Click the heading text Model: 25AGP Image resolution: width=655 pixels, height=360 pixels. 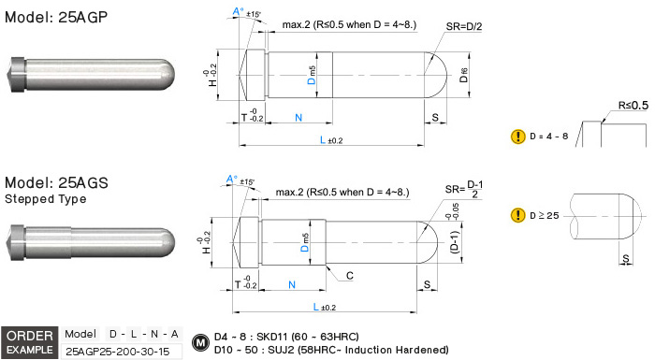point(56,17)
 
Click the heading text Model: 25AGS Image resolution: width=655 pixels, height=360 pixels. point(56,183)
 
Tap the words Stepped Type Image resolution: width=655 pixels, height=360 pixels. point(46,199)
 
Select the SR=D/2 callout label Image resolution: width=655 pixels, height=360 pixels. point(464,27)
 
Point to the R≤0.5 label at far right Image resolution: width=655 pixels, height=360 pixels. point(633,106)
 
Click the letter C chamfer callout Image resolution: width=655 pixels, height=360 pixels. point(350,276)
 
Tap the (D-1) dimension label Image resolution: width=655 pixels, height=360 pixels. point(455,242)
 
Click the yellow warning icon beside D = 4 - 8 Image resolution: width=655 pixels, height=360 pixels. point(518,137)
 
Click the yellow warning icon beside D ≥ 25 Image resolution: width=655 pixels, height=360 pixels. point(518,215)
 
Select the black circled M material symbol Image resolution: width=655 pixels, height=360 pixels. point(200,343)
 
